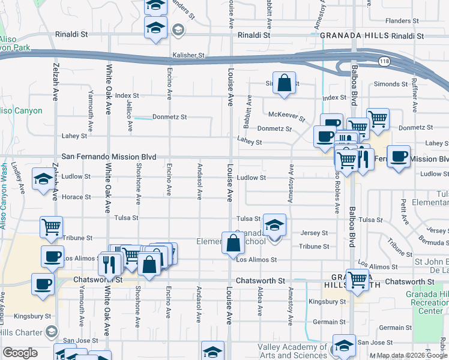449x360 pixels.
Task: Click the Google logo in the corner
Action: coord(20,353)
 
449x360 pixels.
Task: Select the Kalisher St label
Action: coord(188,55)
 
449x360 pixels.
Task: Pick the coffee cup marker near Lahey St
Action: coord(325,136)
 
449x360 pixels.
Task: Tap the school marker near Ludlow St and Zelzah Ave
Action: coord(43,179)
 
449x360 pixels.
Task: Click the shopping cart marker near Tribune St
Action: coord(52,227)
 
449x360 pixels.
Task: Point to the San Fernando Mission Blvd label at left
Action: coord(109,157)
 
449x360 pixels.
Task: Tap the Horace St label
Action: coord(79,197)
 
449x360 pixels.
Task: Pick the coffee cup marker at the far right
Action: coord(399,157)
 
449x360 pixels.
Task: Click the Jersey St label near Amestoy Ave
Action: coord(316,233)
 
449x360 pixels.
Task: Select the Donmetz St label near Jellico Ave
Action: coord(169,117)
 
